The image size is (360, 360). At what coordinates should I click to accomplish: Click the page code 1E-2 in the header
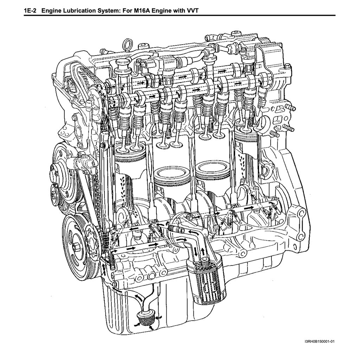[x=30, y=11]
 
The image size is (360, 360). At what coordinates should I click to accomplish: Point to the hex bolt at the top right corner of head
[x=288, y=67]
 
